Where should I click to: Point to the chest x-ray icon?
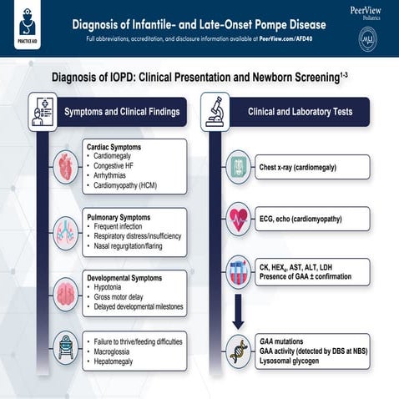(240, 166)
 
